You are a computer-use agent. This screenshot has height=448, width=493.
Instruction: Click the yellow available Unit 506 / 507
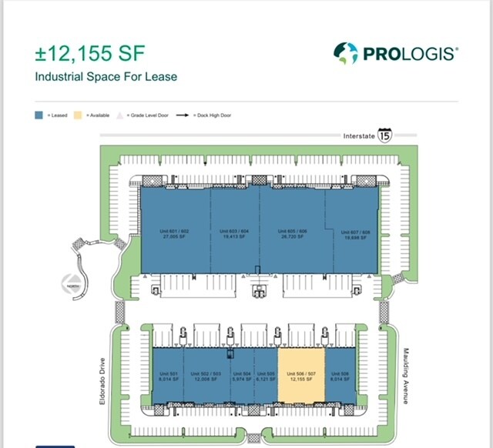pyautogui.click(x=300, y=376)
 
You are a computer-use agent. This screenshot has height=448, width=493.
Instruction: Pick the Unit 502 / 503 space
pyautogui.click(x=206, y=376)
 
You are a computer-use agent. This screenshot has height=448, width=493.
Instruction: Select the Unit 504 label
pyautogui.click(x=242, y=376)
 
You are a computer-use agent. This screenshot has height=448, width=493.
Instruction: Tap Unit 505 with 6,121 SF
pyautogui.click(x=265, y=376)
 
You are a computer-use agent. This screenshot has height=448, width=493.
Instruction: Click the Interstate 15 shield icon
pyautogui.click(x=384, y=135)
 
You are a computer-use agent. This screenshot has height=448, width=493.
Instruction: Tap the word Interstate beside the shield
pyautogui.click(x=358, y=136)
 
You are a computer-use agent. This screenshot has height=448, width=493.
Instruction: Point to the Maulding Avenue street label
pyautogui.click(x=406, y=376)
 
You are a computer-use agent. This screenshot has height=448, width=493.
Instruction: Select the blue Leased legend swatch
pyautogui.click(x=39, y=115)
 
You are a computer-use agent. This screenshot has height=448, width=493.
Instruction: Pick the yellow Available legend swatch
pyautogui.click(x=77, y=115)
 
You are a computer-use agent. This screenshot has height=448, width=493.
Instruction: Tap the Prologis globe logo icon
pyautogui.click(x=346, y=53)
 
